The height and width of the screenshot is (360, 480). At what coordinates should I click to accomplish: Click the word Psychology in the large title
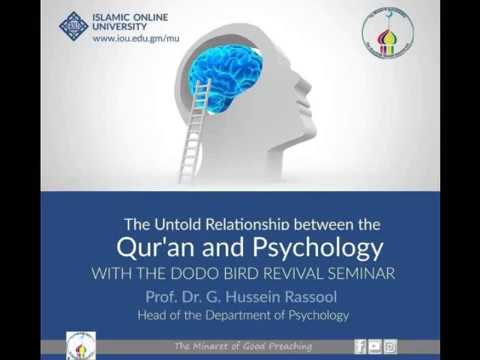pyautogui.click(x=311, y=247)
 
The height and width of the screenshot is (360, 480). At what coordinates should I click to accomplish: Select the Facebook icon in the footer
pyautogui.click(x=360, y=346)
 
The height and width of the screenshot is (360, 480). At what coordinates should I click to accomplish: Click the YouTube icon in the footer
pyautogui.click(x=375, y=346)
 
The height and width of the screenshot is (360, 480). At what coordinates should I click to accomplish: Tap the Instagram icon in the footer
pyautogui.click(x=390, y=346)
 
